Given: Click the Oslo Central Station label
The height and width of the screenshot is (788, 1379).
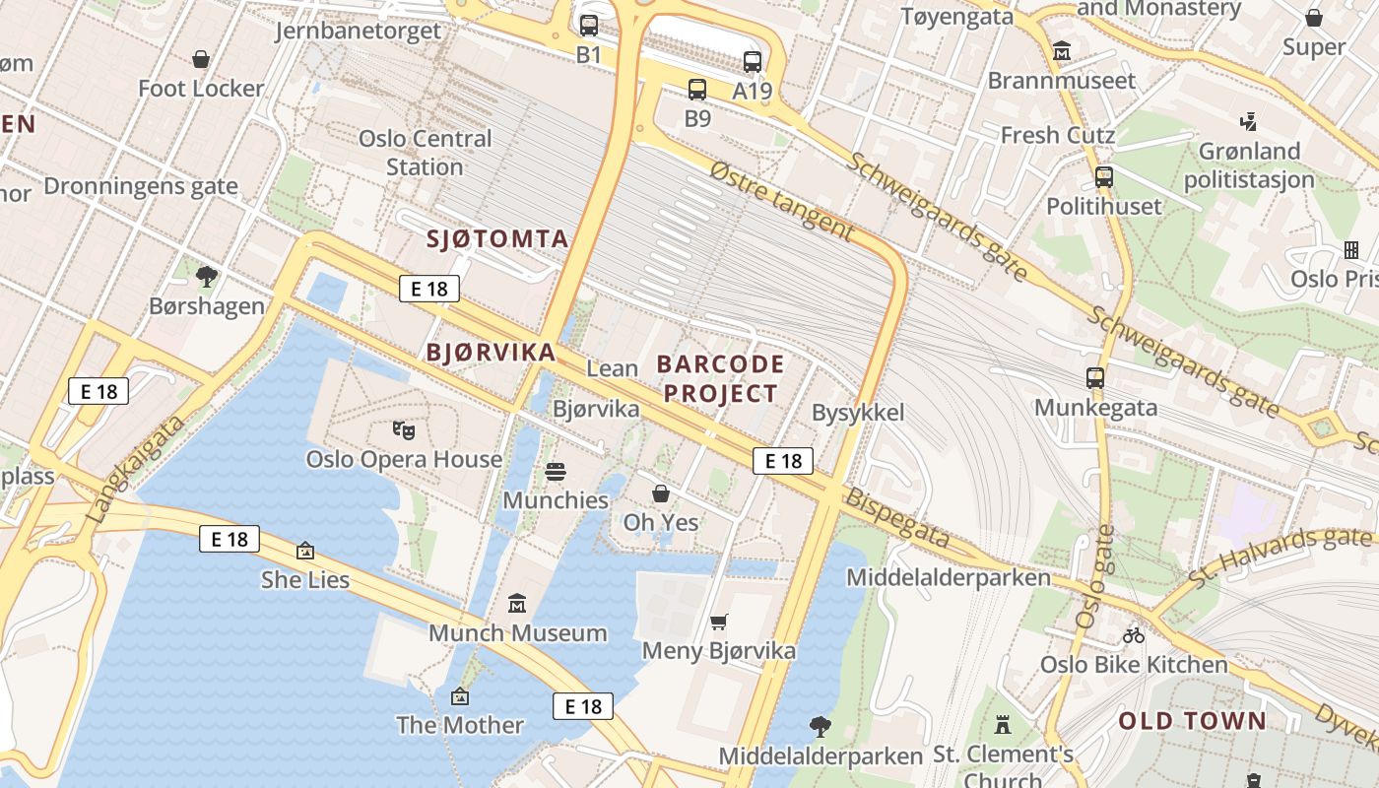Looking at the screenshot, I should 425,153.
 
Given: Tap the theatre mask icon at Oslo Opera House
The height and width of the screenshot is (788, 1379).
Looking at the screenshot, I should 404,429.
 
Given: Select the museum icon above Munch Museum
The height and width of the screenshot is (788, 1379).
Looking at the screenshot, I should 517,603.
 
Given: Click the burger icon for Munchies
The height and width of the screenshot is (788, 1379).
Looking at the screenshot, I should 556,472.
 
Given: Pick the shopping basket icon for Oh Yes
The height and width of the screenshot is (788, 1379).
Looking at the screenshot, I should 661,493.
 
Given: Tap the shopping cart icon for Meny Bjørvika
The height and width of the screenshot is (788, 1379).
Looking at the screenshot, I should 719,622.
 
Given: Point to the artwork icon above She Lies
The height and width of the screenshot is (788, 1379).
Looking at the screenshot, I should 305,551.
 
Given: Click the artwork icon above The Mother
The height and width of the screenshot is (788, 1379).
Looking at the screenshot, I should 459,696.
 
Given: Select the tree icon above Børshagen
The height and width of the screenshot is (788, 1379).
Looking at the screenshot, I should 206,277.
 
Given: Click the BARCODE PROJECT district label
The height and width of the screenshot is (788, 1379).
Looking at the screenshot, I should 721,379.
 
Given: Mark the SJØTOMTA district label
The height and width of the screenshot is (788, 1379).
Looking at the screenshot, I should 497,238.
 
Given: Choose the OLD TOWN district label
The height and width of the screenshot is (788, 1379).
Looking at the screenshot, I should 1192,721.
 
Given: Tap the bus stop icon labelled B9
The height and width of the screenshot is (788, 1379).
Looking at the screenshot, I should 697,90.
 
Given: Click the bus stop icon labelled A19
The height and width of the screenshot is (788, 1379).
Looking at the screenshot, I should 753,62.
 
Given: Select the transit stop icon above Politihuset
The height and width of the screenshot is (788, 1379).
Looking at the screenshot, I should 1104,177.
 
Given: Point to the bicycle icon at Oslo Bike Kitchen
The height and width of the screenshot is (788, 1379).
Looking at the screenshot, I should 1134,635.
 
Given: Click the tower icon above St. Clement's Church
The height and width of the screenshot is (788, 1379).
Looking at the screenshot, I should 1003,726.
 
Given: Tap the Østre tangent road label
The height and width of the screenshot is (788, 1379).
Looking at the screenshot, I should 781,201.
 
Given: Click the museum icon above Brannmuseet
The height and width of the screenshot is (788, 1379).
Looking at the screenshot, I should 1062,50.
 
